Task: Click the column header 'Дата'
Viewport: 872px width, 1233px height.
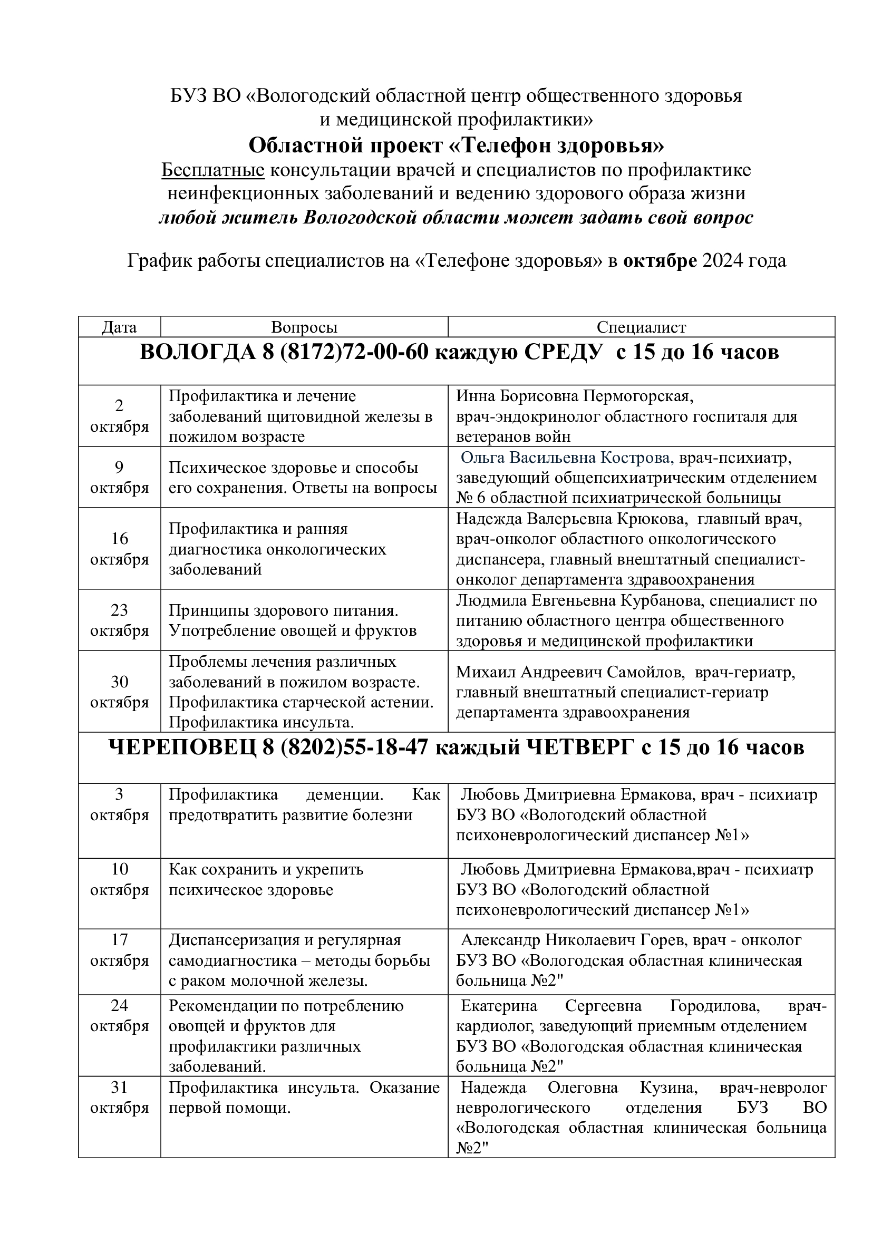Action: [x=119, y=327]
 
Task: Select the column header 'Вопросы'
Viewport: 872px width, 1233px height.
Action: [x=304, y=327]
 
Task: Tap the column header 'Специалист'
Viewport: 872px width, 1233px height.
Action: [x=641, y=327]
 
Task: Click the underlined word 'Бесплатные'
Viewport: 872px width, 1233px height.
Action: [x=213, y=170]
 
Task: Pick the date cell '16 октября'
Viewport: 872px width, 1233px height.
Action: [x=119, y=549]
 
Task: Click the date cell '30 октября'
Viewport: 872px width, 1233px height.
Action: [x=119, y=692]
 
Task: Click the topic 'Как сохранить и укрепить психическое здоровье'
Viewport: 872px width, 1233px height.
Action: [x=266, y=879]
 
